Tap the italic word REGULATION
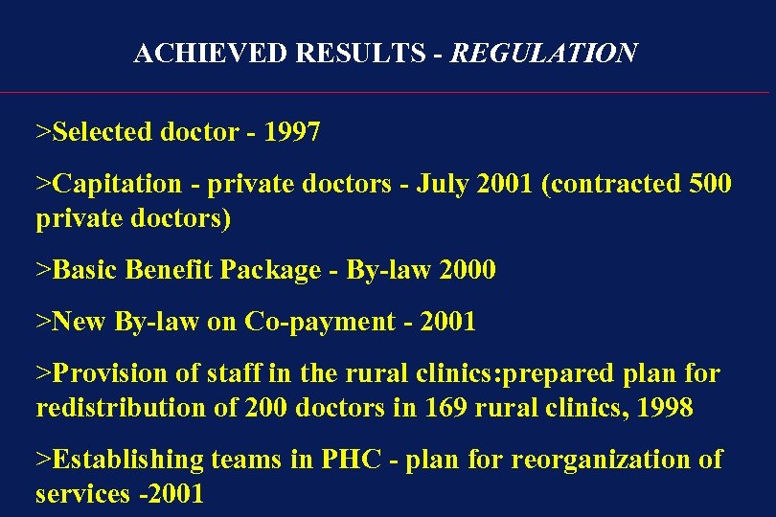pos(543,54)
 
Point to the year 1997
pos(291,132)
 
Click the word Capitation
pos(116,184)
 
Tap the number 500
pos(710,184)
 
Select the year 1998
pos(664,408)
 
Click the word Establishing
pos(119,460)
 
